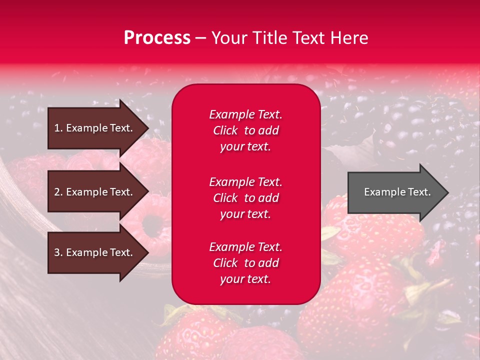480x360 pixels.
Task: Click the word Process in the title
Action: coord(157,38)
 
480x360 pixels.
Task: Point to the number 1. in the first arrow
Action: coord(58,128)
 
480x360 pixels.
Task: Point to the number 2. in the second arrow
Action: coord(58,192)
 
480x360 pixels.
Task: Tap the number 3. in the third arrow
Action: coord(58,252)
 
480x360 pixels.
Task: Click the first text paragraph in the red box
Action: coord(245,130)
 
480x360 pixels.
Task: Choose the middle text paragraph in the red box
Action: coord(245,198)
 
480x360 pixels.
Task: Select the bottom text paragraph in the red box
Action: coord(245,263)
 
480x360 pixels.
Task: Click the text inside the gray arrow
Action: coord(397,192)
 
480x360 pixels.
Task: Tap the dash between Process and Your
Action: coord(200,38)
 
